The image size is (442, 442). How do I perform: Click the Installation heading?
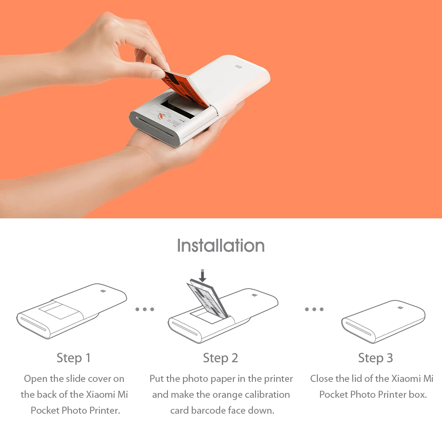coord(221,245)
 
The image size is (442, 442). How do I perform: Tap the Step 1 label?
coord(73,358)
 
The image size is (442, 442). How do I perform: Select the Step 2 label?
coord(221,358)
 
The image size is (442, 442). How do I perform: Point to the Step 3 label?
coord(375,358)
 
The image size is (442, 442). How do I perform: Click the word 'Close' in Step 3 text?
coord(322,379)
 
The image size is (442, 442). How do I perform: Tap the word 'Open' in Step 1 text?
coord(34,379)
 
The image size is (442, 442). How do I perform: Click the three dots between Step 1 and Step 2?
coord(145,309)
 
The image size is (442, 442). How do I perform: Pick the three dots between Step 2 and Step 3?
coord(314,309)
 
